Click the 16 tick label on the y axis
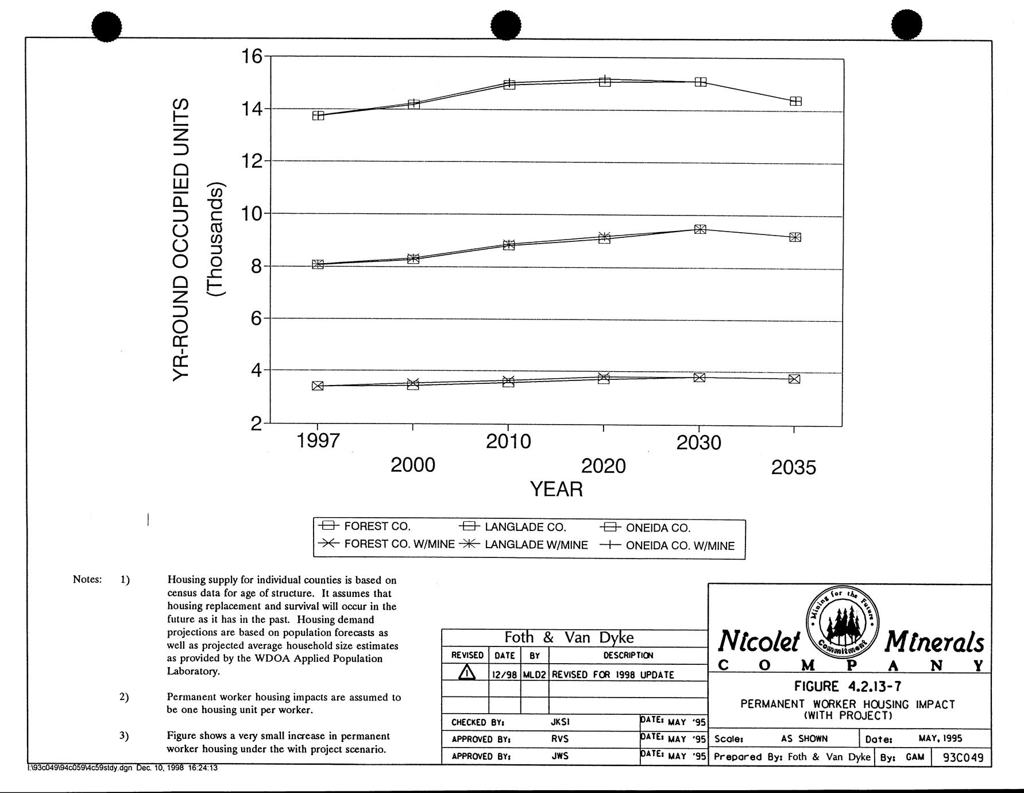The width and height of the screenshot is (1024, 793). point(252,57)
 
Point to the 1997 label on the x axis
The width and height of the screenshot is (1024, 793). point(318,441)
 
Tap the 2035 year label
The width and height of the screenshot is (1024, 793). point(793,468)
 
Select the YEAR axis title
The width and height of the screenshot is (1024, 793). point(556,489)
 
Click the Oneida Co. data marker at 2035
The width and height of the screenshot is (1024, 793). point(795,101)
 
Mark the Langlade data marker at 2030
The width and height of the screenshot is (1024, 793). point(700,229)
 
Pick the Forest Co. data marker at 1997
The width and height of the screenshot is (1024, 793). point(318,386)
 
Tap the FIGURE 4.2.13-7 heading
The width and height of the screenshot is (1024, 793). point(847,686)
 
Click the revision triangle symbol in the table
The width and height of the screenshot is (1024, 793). point(467,673)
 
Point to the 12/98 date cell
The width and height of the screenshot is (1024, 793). point(505,675)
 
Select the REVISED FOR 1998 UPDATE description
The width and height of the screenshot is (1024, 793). point(613,675)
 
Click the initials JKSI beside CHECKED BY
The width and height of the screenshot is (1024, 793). point(560,722)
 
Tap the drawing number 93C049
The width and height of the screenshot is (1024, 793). point(963,757)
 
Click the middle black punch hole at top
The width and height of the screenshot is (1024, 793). point(507,26)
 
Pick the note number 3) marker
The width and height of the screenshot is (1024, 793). point(125,736)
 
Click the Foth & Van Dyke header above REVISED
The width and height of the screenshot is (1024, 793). point(569,637)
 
